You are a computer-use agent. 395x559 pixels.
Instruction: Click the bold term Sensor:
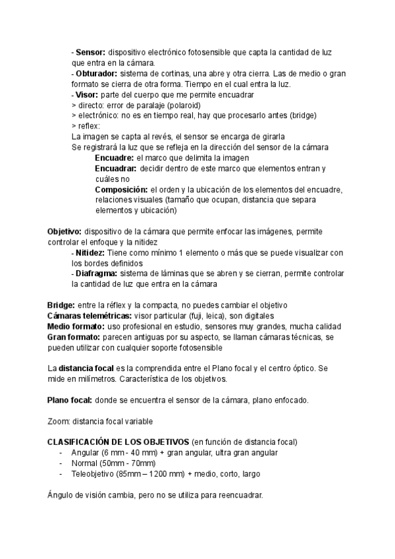pos(91,52)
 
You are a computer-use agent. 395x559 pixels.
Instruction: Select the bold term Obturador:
pos(96,74)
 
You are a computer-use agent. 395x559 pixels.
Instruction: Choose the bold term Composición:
pos(121,190)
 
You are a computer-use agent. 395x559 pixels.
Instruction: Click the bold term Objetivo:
pos(65,232)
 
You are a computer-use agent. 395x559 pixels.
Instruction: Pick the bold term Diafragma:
pos(96,274)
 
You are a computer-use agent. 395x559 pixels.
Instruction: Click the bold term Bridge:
pos(61,306)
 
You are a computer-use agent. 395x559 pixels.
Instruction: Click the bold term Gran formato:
pos(73,338)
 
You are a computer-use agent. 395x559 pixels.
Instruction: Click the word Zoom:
pos(59,421)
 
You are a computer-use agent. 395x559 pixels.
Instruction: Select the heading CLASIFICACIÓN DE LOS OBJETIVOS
pos(117,442)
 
